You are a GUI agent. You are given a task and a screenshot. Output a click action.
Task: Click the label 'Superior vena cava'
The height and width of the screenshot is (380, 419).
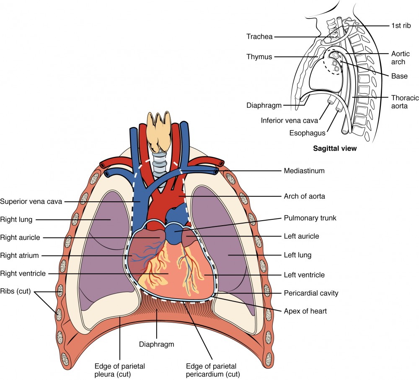click(31, 201)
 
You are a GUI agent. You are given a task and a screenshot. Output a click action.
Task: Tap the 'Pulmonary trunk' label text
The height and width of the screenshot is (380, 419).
click(305, 219)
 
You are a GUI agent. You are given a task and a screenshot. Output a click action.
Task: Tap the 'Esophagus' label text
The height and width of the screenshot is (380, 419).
click(307, 133)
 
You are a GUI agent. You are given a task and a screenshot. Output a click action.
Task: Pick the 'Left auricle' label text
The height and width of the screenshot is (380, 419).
click(301, 236)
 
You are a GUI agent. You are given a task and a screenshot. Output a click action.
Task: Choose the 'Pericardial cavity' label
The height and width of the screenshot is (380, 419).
click(311, 293)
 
